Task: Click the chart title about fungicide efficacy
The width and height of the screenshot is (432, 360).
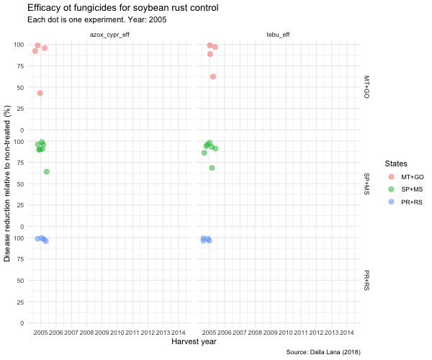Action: point(122,8)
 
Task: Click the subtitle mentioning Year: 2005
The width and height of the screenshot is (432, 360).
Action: point(97,19)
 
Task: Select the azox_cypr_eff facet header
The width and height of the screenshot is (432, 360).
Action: point(109,34)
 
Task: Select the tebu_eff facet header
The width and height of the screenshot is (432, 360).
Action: point(277,34)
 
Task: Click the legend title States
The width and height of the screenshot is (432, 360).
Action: point(397,163)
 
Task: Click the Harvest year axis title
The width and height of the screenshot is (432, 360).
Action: point(194,342)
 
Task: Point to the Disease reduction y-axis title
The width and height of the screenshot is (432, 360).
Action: point(8,183)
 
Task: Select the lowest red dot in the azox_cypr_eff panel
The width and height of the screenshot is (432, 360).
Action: point(40,93)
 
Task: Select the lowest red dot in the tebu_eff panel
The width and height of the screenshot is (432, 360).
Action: point(213,76)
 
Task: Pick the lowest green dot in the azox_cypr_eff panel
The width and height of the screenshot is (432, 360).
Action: point(47,171)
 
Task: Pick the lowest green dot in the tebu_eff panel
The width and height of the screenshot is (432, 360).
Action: point(212,168)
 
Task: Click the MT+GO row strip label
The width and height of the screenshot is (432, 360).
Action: point(366,86)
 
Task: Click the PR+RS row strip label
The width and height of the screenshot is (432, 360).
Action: point(366,280)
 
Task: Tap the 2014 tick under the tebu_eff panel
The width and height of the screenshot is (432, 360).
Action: point(346,333)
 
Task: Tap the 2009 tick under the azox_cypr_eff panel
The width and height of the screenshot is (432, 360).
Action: point(102,333)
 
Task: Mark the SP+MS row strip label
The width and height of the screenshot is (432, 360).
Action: point(366,184)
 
